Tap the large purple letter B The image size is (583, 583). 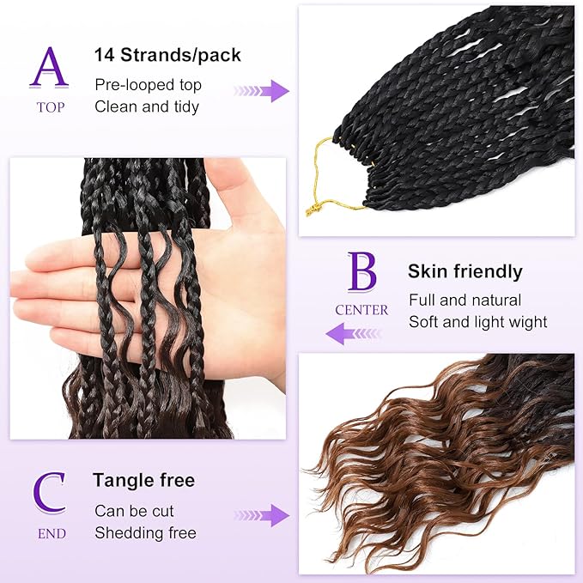(361, 272)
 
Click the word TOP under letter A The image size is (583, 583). (50, 108)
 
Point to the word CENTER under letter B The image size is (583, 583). (361, 310)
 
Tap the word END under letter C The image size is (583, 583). (51, 533)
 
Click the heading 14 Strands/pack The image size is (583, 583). (167, 56)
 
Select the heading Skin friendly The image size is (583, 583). (465, 272)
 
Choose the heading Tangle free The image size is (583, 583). (144, 480)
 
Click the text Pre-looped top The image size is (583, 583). (148, 85)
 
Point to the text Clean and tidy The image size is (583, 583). (147, 106)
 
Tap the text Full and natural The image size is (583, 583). (465, 301)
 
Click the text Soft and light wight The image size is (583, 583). (477, 322)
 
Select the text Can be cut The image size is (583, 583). (134, 511)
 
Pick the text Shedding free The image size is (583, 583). (145, 533)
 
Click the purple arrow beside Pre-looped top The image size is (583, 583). (263, 90)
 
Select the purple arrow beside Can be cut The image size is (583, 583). (263, 515)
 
